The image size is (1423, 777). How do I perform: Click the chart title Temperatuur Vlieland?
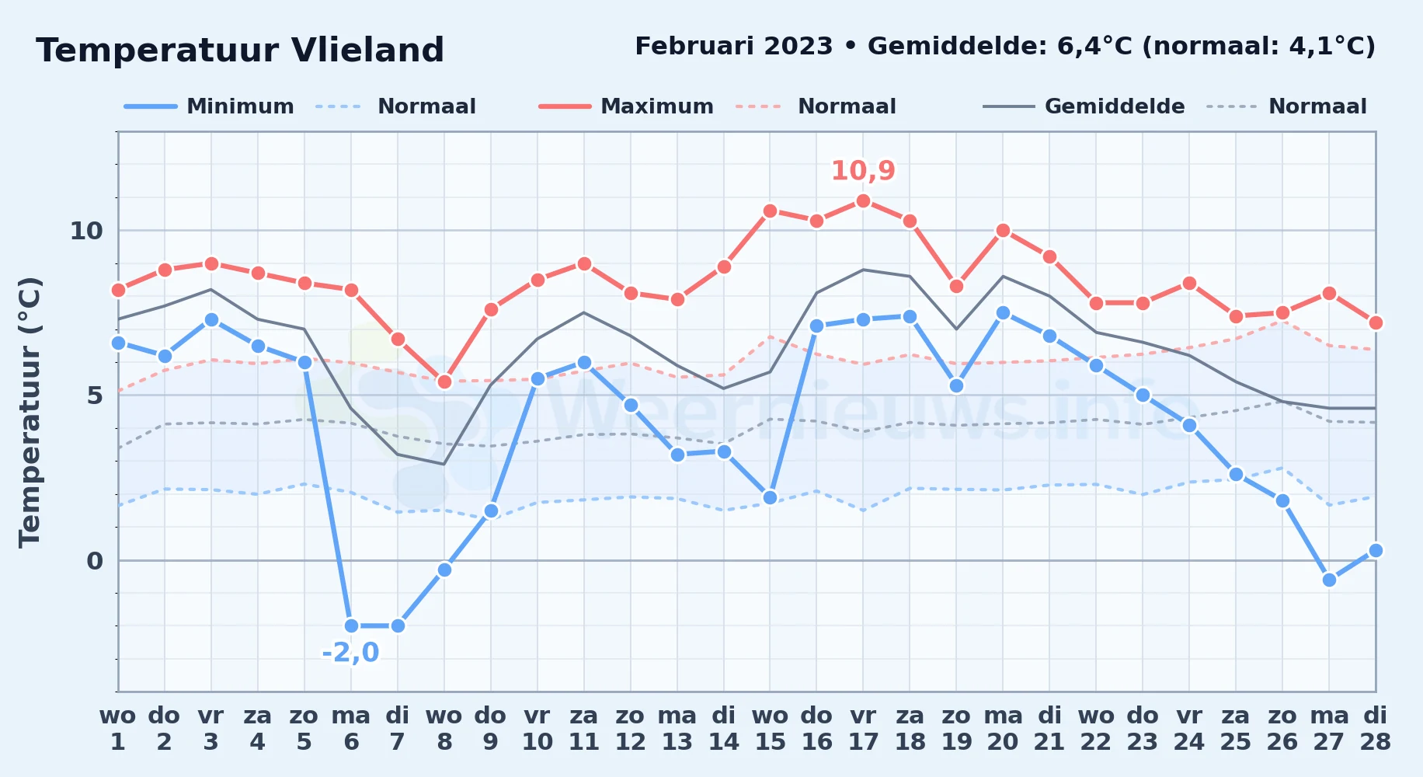click(x=240, y=51)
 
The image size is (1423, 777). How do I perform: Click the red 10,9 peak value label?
click(x=863, y=170)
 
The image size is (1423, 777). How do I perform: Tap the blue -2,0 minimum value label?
click(x=350, y=652)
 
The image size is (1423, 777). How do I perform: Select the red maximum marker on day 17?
click(x=863, y=200)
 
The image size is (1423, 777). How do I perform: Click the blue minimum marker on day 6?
click(x=351, y=625)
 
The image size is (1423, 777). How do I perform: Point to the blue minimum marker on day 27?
click(x=1329, y=580)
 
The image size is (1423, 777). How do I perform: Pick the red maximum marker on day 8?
click(x=444, y=382)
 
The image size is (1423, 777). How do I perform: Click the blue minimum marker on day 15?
click(x=770, y=497)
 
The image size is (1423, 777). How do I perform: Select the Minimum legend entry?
click(x=209, y=106)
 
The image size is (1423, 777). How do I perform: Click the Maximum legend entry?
click(x=626, y=106)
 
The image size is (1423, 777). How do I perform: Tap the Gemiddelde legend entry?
click(x=1084, y=106)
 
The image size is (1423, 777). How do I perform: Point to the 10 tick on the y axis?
click(x=86, y=231)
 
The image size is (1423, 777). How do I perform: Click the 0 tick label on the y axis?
click(x=94, y=561)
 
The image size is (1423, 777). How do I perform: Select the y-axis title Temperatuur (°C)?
click(x=30, y=412)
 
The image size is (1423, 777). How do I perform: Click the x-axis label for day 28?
click(x=1376, y=729)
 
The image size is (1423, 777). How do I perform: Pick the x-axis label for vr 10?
click(x=537, y=729)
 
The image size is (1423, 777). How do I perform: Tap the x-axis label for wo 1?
click(x=118, y=729)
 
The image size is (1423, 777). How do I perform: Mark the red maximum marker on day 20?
click(x=1003, y=230)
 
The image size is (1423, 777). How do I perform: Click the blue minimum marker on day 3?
click(x=211, y=319)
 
